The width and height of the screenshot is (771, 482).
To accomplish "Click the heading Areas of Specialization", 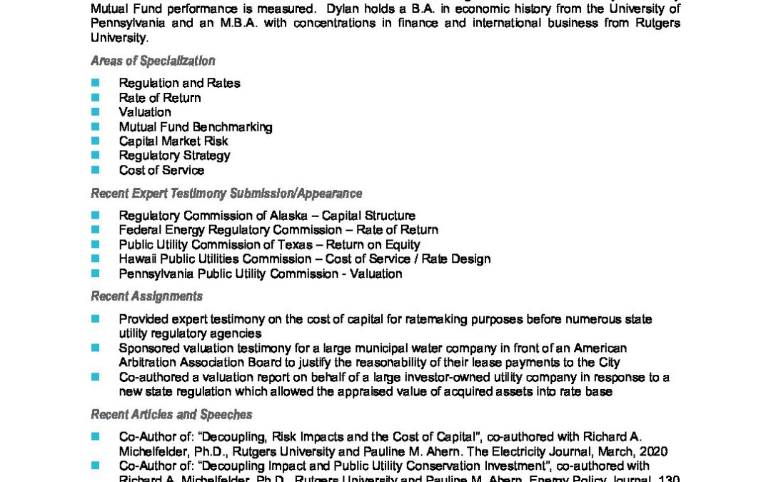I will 153,61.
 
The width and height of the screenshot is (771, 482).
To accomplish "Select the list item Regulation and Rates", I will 179,83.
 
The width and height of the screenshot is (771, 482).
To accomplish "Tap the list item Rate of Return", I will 160,98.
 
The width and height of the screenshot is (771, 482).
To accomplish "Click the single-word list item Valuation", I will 145,112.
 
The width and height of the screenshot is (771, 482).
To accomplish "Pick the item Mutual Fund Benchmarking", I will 196,127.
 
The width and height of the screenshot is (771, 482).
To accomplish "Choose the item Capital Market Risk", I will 173,141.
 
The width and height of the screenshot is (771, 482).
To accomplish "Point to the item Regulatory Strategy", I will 174,156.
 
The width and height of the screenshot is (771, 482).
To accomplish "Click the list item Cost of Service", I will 161,171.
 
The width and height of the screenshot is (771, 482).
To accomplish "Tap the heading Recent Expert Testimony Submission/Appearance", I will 226,194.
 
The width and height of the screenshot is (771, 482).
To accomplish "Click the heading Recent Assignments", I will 146,296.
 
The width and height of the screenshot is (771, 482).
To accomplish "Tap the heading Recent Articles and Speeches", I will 171,415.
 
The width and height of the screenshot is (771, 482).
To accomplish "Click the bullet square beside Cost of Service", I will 96,171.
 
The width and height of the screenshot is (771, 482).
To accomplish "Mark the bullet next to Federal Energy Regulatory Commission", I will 96,230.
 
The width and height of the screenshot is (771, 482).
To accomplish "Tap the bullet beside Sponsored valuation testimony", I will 96,348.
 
